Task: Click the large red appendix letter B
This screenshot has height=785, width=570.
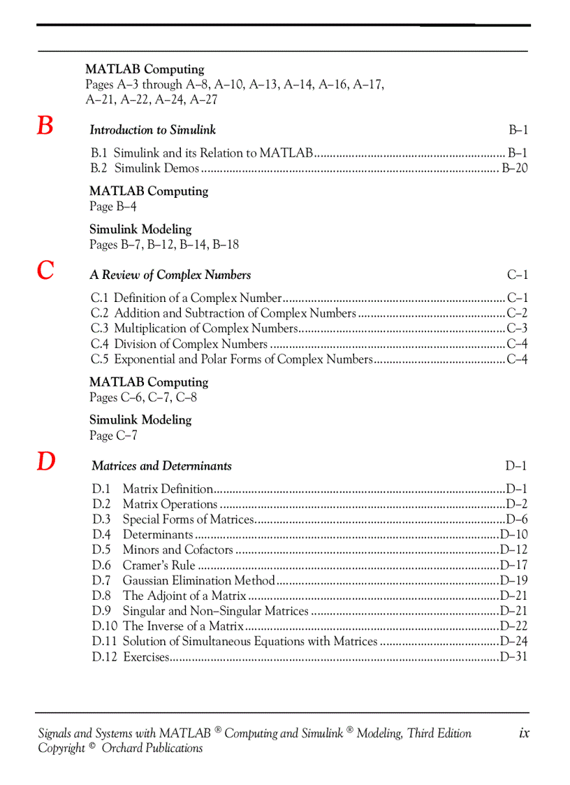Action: pyautogui.click(x=45, y=127)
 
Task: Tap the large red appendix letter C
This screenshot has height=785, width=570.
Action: pyautogui.click(x=45, y=271)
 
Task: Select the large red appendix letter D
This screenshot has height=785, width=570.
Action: pyautogui.click(x=46, y=462)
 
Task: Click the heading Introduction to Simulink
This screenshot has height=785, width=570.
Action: pyautogui.click(x=152, y=130)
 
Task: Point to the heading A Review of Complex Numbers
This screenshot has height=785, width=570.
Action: pyautogui.click(x=170, y=275)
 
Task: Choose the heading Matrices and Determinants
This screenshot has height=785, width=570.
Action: pyautogui.click(x=161, y=466)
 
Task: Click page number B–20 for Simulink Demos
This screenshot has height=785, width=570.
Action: pyautogui.click(x=514, y=168)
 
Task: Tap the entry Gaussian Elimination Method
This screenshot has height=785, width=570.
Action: pyautogui.click(x=199, y=581)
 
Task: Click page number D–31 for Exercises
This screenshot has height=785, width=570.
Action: pyautogui.click(x=513, y=657)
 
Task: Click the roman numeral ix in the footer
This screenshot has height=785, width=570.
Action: pyautogui.click(x=524, y=733)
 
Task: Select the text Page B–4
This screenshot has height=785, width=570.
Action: pyautogui.click(x=112, y=207)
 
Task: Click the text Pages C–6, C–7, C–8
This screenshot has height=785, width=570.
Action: pyautogui.click(x=143, y=398)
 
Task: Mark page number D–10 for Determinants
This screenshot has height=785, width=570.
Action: pyautogui.click(x=513, y=535)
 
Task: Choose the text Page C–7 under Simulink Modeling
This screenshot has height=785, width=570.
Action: pyautogui.click(x=113, y=436)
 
